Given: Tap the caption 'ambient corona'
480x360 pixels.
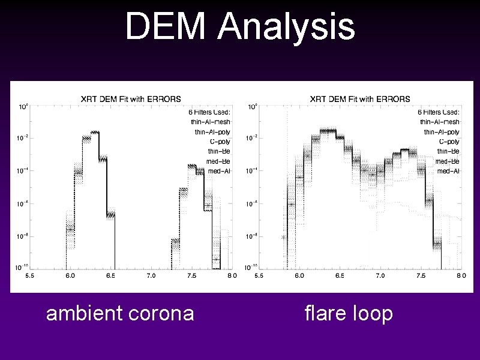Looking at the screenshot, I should [x=120, y=313].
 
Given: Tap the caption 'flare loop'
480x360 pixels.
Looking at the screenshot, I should [x=349, y=313].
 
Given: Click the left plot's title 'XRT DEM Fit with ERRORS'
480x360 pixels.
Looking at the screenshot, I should [x=131, y=99].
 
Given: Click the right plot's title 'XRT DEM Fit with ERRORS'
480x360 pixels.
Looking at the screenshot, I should [x=360, y=99].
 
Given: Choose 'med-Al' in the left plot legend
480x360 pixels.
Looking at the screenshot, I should [x=219, y=171].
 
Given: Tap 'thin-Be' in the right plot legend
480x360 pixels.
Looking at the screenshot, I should [x=448, y=151].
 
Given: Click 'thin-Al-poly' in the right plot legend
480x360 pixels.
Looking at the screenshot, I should [x=442, y=131].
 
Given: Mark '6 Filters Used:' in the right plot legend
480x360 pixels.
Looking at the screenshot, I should [x=439, y=112].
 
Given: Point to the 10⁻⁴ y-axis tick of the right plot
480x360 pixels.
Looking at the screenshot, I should [x=251, y=171].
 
